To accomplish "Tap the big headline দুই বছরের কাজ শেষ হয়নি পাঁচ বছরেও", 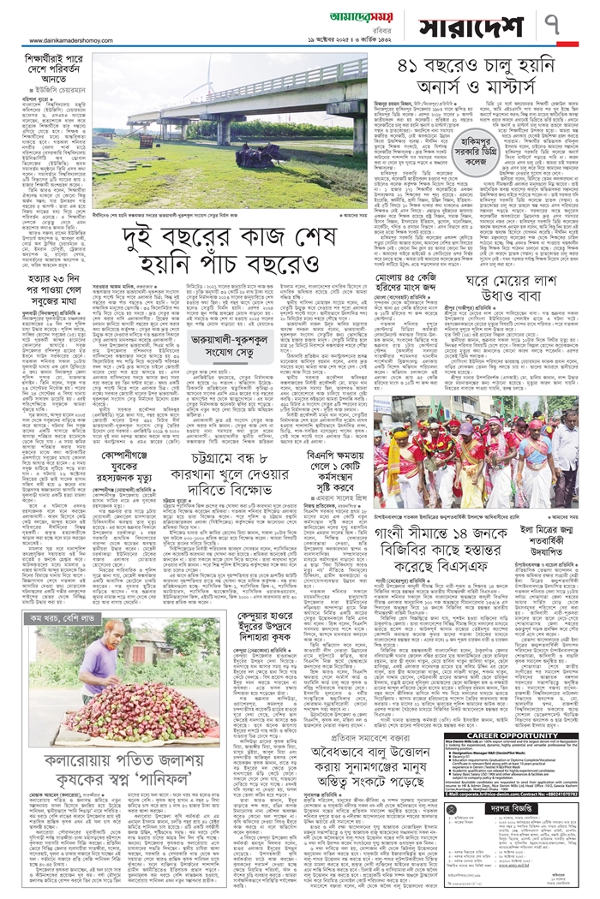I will coord(228,210).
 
